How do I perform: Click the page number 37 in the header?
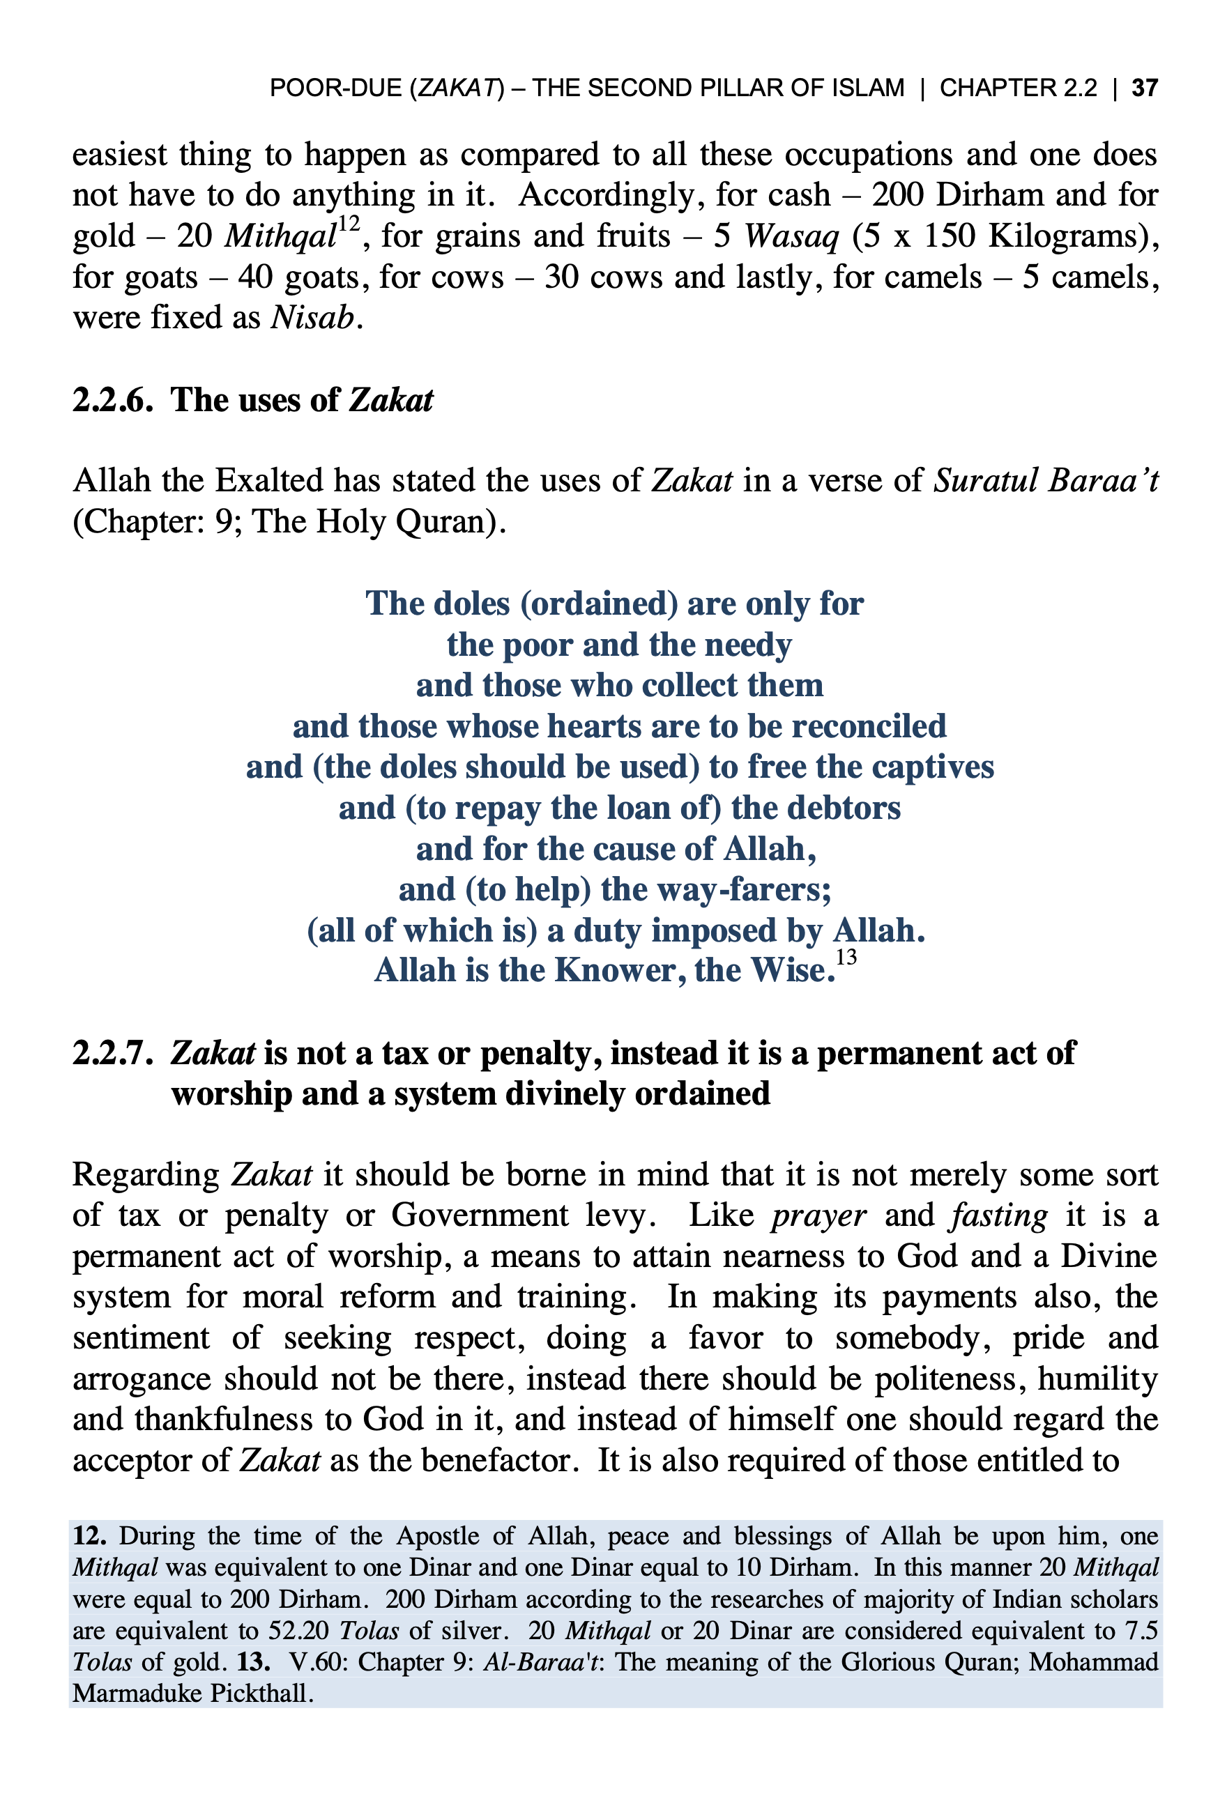click(x=1144, y=88)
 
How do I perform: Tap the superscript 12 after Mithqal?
click(x=348, y=224)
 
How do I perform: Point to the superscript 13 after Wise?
click(x=846, y=958)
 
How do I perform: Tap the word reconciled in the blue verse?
click(x=869, y=727)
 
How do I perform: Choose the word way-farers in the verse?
click(x=754, y=890)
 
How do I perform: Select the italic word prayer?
click(x=819, y=1216)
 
